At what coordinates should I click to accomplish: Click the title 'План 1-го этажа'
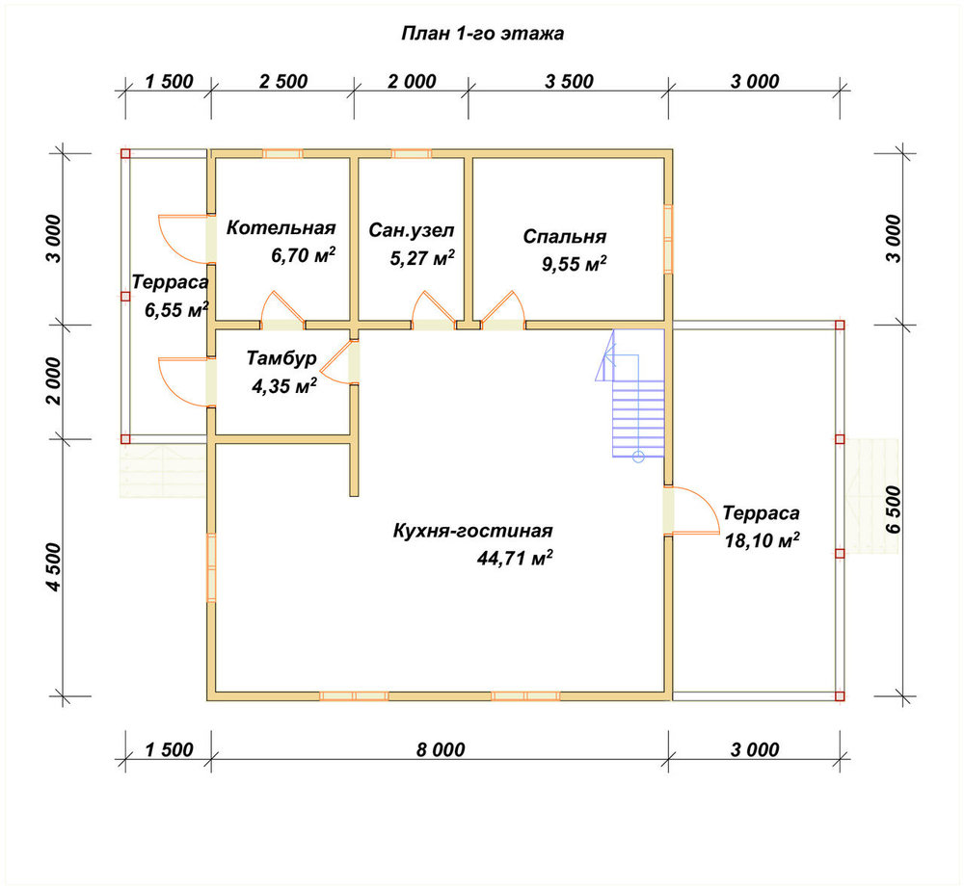click(483, 33)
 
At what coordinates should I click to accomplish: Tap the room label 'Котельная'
click(281, 228)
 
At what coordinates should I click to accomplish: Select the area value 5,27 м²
click(422, 257)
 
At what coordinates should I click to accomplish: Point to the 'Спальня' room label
click(564, 237)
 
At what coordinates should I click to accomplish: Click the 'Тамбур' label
click(281, 358)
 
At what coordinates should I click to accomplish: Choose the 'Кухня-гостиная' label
click(472, 531)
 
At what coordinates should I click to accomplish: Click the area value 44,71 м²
click(515, 558)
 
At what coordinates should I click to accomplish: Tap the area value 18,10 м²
click(762, 540)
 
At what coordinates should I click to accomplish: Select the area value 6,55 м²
click(176, 309)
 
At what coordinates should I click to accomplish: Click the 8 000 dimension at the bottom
click(441, 749)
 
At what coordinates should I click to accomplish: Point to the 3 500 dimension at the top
click(569, 81)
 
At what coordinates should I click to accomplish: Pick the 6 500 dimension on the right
click(894, 510)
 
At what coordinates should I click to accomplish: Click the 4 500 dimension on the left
click(54, 567)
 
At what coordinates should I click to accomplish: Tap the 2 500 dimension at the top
click(282, 81)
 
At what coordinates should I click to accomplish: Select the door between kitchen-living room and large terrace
click(691, 510)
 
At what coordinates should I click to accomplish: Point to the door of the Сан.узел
click(434, 311)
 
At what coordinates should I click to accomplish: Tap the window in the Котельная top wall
click(282, 153)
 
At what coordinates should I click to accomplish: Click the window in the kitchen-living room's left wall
click(211, 567)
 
